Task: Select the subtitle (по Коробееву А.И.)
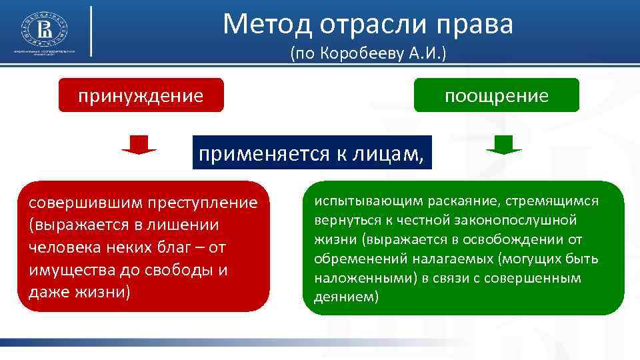tap(367, 55)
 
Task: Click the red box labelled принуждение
tap(141, 95)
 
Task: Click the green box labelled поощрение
tap(497, 95)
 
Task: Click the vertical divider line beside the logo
tap(91, 31)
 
